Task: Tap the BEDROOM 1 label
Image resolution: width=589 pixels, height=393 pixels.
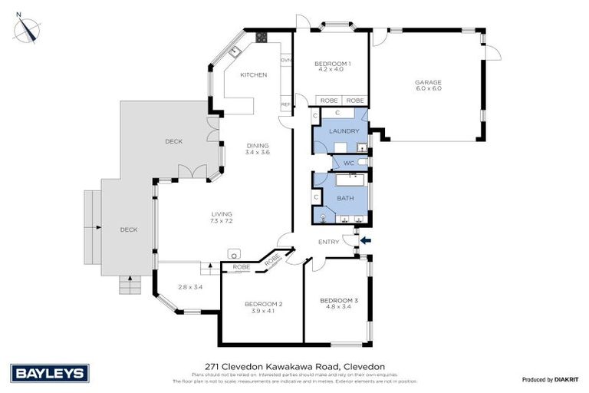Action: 334,63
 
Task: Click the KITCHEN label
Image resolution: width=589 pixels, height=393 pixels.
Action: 253,74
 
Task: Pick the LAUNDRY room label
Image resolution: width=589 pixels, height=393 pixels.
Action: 343,131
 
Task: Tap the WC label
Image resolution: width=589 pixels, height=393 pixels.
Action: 347,163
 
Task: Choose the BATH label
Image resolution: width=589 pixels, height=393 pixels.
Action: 345,198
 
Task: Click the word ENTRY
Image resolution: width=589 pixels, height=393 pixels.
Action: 328,243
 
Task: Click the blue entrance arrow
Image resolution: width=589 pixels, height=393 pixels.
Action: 364,241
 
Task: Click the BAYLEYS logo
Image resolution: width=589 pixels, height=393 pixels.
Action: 51,373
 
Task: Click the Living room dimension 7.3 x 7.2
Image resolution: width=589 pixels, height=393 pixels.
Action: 222,221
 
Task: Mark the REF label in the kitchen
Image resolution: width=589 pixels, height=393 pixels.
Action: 285,104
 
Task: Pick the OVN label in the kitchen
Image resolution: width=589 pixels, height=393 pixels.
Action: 285,60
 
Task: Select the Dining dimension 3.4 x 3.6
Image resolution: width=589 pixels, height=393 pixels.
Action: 258,152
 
